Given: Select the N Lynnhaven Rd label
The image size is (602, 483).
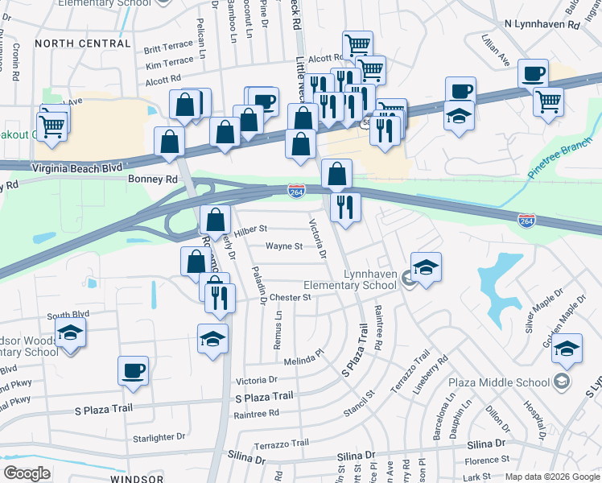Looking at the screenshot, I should tap(542, 26).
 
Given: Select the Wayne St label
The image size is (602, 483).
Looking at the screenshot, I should tap(283, 246).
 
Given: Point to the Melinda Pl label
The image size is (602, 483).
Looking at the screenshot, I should tap(302, 353).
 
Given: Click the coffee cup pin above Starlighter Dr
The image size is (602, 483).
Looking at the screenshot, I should tap(133, 372).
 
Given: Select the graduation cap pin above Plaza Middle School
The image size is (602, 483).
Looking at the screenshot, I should tap(567, 349).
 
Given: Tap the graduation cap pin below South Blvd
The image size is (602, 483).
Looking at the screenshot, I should tap(71, 333).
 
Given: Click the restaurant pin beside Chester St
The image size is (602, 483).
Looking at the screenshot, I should tap(219, 298).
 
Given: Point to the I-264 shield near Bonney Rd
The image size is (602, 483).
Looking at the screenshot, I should tap(296, 189).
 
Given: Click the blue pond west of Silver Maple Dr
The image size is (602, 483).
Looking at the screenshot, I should tap(499, 278).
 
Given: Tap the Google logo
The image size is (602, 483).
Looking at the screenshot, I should tap(27, 473).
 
